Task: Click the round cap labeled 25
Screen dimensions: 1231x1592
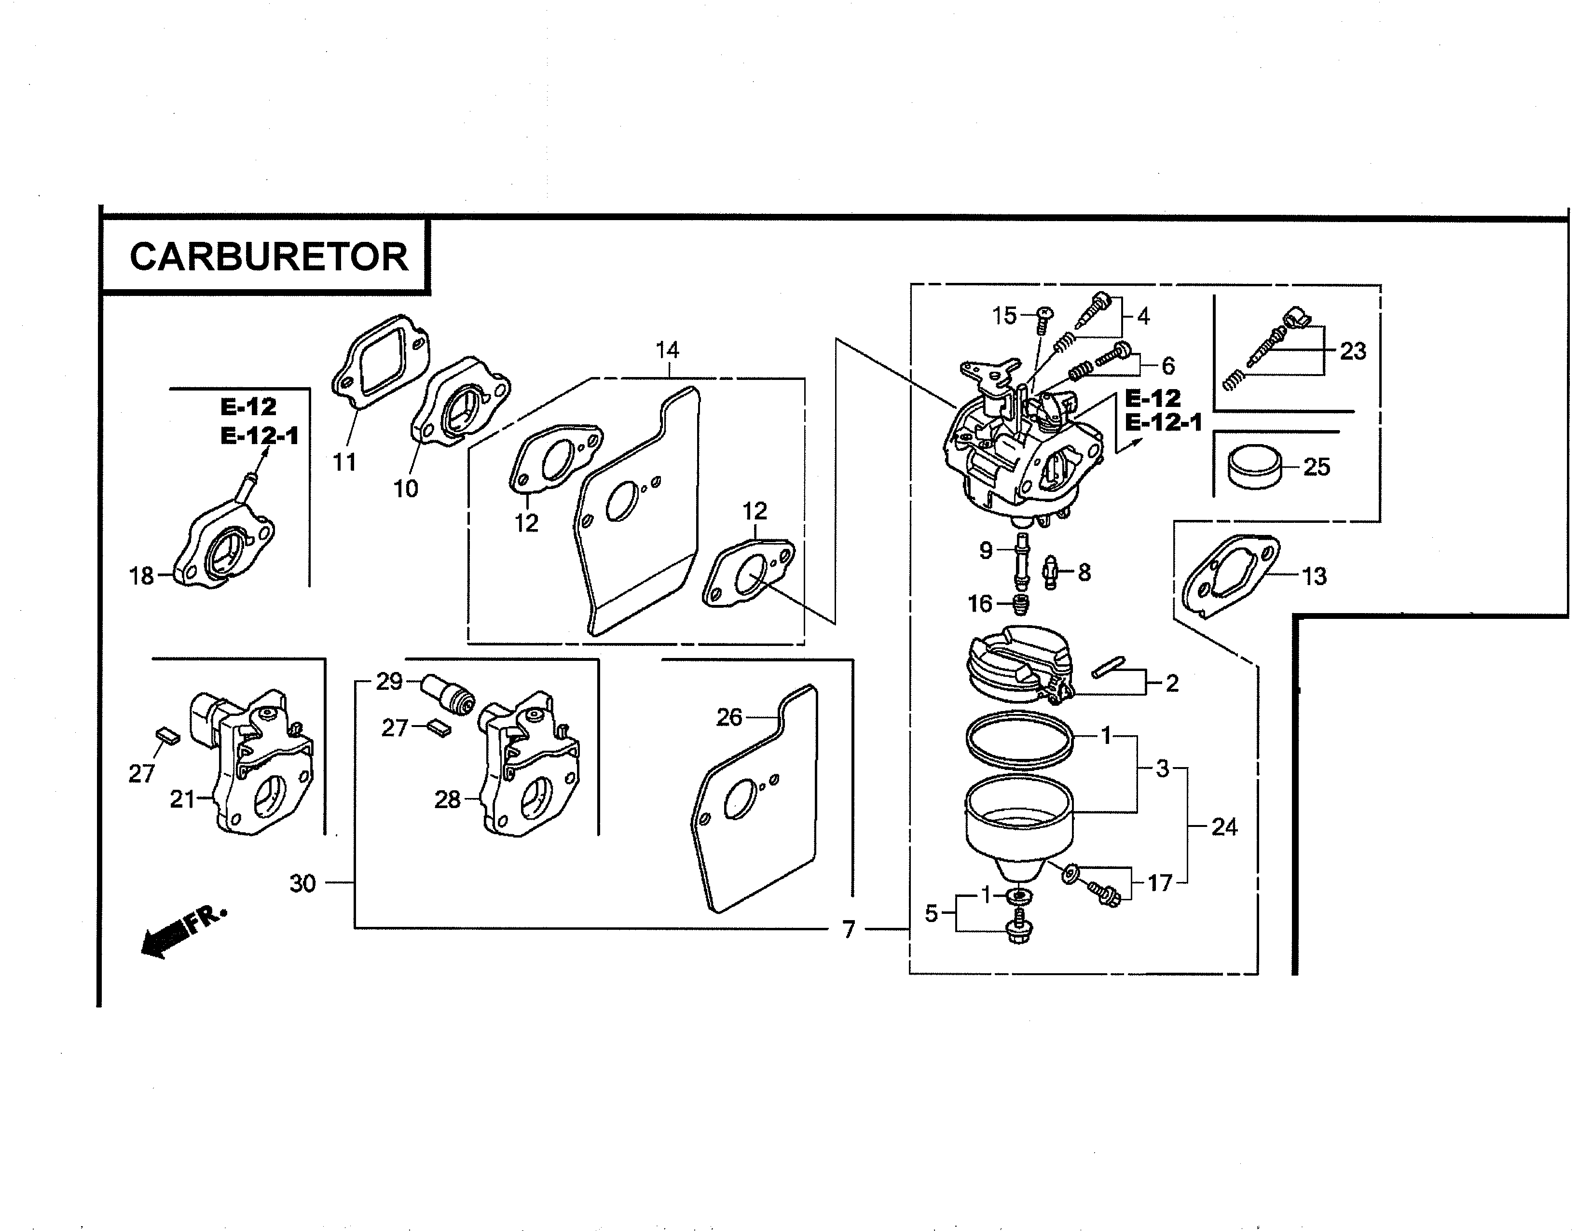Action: pos(1254,467)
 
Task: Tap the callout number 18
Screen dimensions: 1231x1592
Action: pos(141,577)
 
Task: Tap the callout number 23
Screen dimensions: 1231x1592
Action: pos(1353,351)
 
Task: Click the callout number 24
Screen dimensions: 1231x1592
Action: pos(1224,827)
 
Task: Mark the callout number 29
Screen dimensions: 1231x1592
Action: pos(389,682)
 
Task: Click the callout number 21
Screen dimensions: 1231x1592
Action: pos(182,800)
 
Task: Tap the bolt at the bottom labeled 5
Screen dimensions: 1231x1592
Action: pos(1018,928)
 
